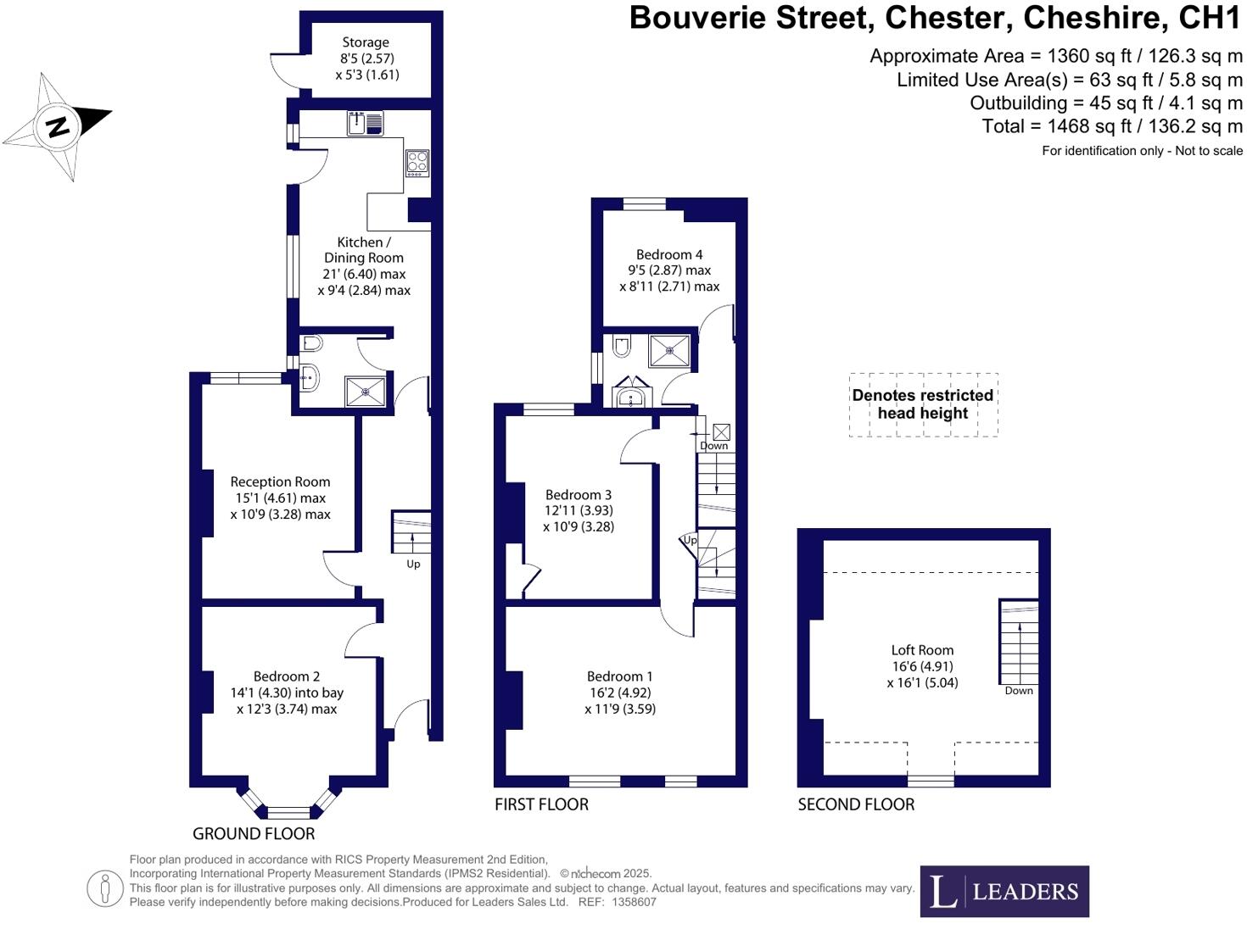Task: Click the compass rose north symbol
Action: (x=58, y=127)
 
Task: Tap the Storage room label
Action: (x=366, y=42)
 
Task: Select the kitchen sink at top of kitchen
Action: (x=365, y=124)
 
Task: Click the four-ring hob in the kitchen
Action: (x=417, y=163)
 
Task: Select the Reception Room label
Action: (x=280, y=481)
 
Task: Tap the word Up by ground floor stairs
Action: (x=413, y=564)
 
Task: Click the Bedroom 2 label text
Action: (x=287, y=676)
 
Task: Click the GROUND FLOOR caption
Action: (x=254, y=833)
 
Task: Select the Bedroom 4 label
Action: (x=669, y=254)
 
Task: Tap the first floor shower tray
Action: (x=669, y=350)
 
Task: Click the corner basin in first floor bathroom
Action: (x=631, y=395)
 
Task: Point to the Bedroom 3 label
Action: (x=579, y=495)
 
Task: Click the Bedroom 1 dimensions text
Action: (x=620, y=700)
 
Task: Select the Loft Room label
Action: (x=922, y=650)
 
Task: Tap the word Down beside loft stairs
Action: (x=1019, y=691)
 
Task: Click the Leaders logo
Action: (x=1004, y=891)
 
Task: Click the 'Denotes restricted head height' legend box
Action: (x=923, y=404)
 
